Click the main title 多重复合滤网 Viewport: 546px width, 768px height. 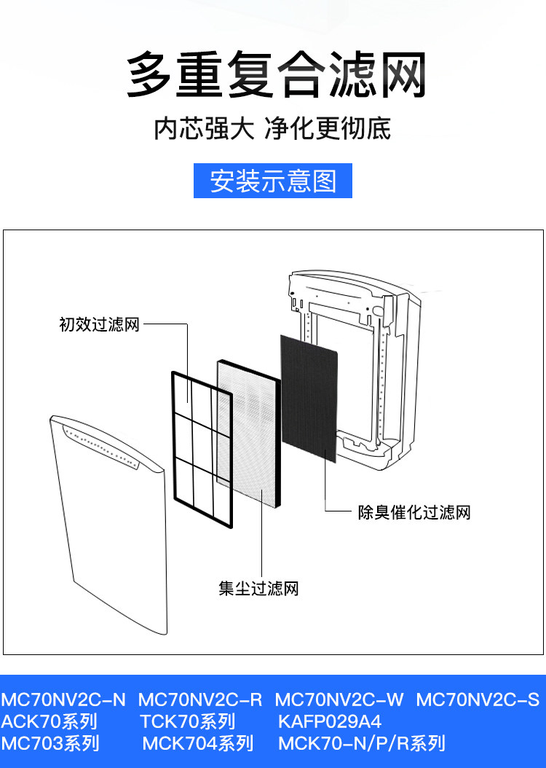pos(275,76)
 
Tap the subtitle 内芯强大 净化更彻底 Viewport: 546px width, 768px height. pos(272,129)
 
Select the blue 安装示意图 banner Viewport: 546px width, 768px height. pos(273,181)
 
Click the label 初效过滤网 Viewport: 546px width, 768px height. pos(98,325)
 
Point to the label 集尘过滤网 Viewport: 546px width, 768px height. pos(258,588)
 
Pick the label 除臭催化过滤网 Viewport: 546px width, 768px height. pos(414,512)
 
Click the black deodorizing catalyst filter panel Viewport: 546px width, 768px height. pos(309,397)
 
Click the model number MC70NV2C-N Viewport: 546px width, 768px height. pos(63,700)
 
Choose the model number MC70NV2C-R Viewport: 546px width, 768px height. pos(200,700)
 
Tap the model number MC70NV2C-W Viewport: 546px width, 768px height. pos(339,700)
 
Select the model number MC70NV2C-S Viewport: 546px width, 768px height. pos(478,700)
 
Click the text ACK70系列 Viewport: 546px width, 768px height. pos(49,722)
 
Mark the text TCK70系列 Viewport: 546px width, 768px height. pos(188,722)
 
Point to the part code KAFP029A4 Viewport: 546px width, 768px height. pos(330,722)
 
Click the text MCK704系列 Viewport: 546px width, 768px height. pos(198,744)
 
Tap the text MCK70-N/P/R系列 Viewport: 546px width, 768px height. pos(361,744)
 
